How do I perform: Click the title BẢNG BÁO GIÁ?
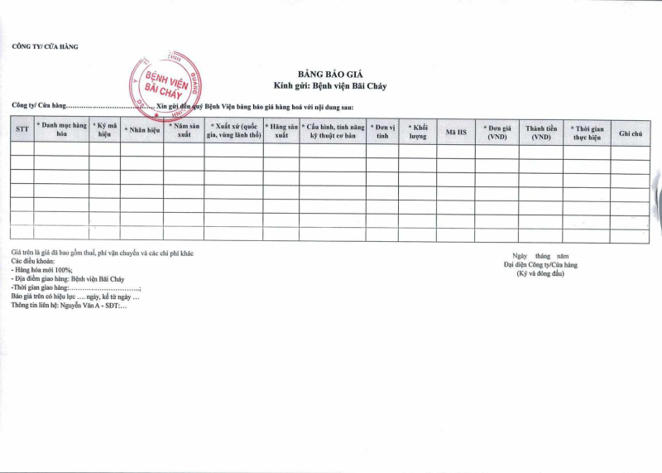tap(330, 74)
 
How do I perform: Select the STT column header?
tap(22, 130)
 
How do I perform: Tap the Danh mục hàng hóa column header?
tap(61, 130)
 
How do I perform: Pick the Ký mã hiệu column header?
tap(104, 130)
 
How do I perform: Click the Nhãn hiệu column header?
tap(142, 130)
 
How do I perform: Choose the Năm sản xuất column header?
tap(184, 130)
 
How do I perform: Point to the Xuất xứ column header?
tap(233, 130)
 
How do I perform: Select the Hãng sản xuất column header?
tap(281, 130)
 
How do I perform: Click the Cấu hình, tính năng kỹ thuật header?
tap(332, 130)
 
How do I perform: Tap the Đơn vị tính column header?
tap(381, 131)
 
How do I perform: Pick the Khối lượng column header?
tap(418, 131)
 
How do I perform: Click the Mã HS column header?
tap(455, 131)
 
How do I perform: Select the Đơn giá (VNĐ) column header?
tap(497, 132)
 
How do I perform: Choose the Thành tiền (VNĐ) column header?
tap(541, 132)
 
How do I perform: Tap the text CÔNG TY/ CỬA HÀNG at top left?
tap(46, 46)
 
